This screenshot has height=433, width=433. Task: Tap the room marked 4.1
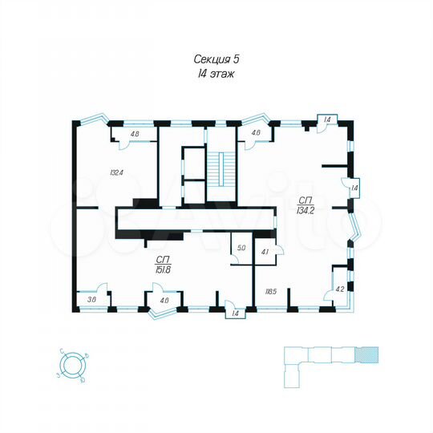[265, 252]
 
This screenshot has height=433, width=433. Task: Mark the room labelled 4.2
[339, 289]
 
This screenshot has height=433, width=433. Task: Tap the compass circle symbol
[72, 364]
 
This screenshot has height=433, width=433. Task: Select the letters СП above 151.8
[165, 259]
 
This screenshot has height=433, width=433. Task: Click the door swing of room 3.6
[101, 289]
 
